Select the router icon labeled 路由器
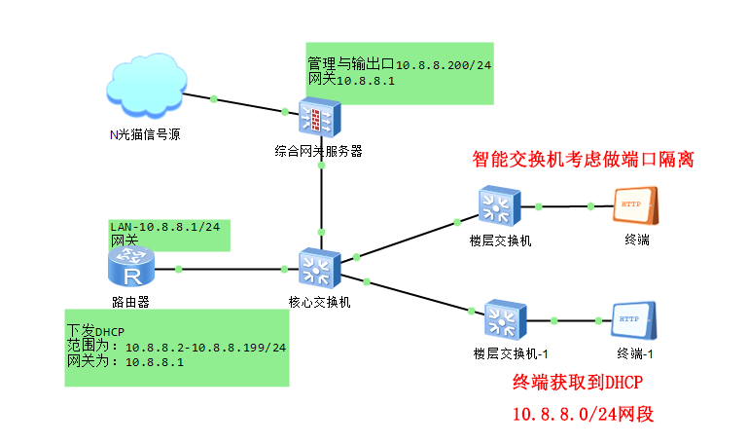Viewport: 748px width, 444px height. (129, 266)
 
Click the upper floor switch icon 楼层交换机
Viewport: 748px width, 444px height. (500, 207)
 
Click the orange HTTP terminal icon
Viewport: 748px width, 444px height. (636, 207)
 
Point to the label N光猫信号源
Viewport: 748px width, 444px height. (144, 135)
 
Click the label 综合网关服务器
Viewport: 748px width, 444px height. (318, 151)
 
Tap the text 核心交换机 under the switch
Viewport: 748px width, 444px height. (319, 302)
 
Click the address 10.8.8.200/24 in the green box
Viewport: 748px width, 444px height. (443, 64)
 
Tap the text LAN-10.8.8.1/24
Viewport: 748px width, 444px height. (164, 227)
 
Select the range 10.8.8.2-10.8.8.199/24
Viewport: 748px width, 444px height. (205, 347)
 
